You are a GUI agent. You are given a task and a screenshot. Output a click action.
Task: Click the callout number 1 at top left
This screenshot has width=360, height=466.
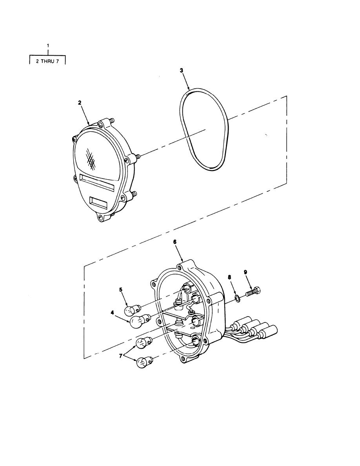click(48, 46)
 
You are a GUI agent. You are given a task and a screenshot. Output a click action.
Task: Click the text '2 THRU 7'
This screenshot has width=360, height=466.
click(47, 62)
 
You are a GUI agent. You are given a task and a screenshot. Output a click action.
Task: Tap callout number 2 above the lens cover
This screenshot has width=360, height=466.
click(80, 102)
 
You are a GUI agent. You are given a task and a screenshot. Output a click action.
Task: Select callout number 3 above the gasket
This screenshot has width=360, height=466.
click(181, 71)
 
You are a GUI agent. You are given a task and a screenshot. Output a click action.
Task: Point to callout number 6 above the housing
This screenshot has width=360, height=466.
click(175, 242)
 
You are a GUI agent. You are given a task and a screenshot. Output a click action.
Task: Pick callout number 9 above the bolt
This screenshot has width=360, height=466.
click(245, 271)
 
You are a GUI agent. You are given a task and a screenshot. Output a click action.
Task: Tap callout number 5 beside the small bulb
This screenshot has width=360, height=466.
click(121, 289)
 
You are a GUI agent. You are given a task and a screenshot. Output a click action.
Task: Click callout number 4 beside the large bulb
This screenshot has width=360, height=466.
click(112, 313)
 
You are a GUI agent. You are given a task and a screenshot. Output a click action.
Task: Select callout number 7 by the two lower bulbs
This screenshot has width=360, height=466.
click(121, 356)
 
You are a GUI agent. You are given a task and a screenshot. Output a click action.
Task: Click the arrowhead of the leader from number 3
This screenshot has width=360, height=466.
click(189, 88)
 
